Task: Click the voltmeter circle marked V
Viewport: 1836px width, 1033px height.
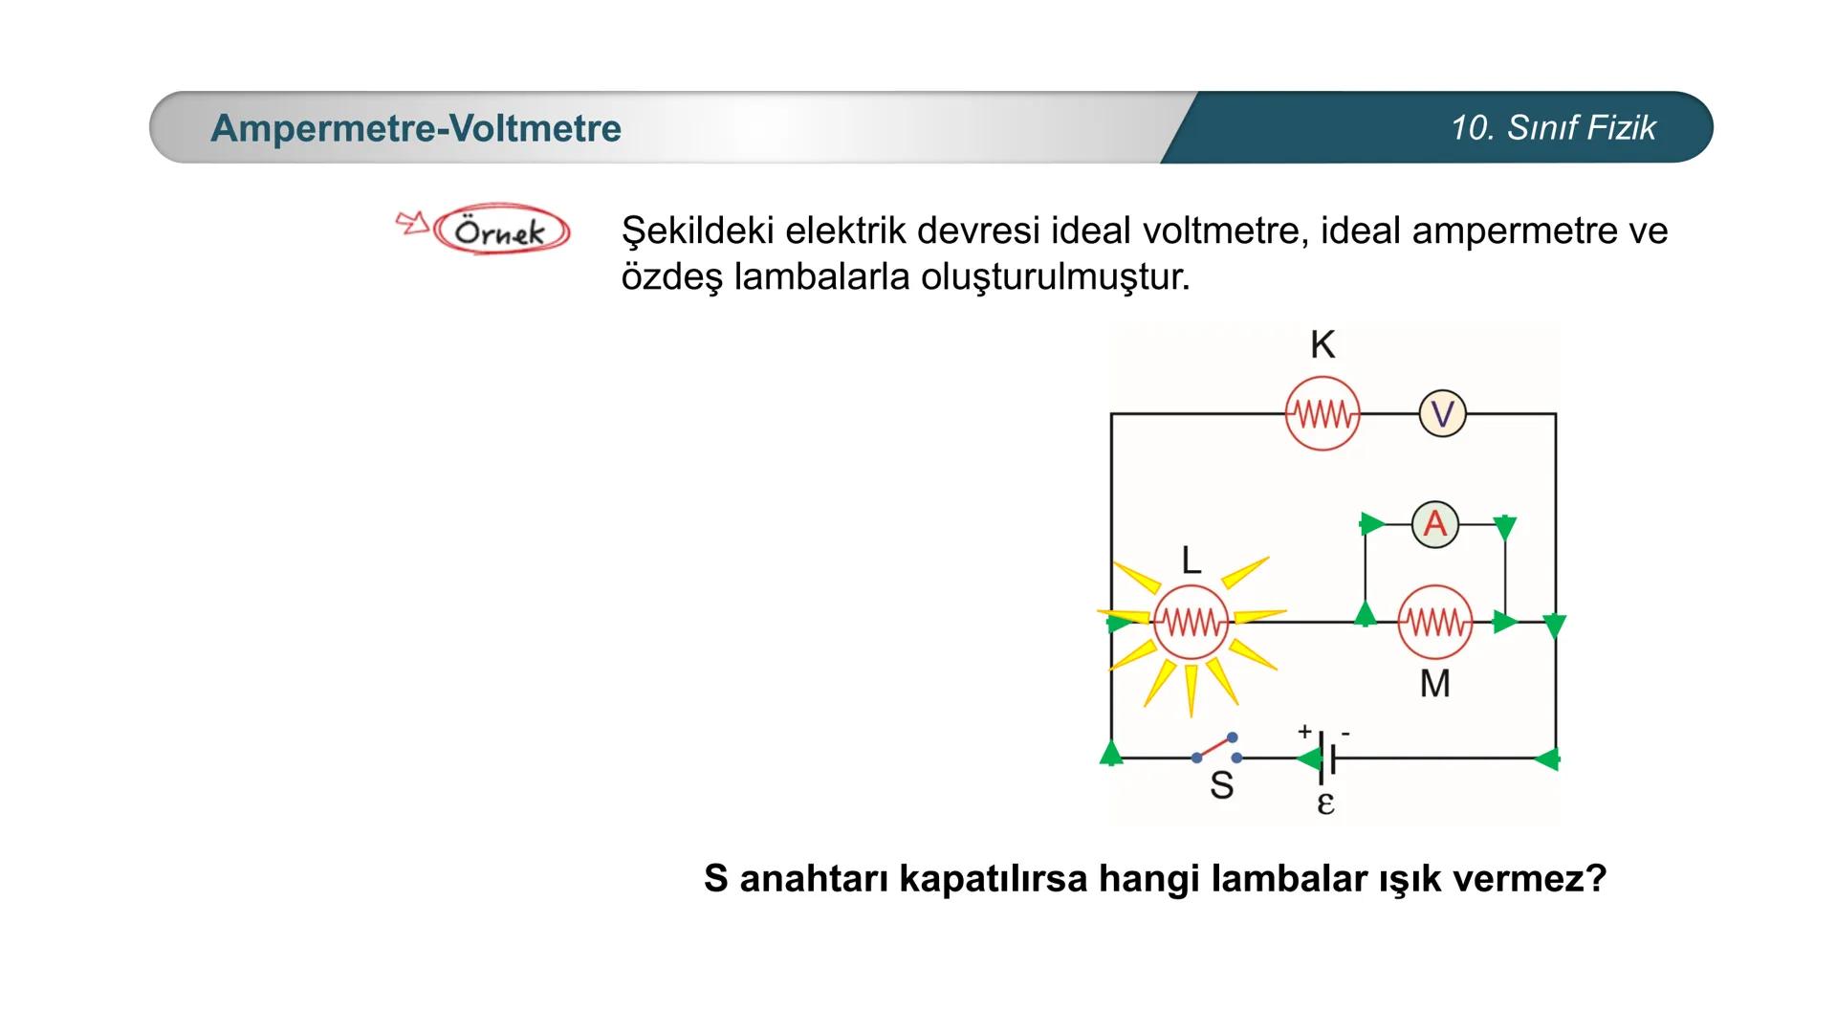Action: click(x=1442, y=414)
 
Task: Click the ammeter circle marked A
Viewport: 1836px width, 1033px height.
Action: click(x=1434, y=524)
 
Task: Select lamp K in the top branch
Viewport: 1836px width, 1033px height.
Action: click(x=1322, y=414)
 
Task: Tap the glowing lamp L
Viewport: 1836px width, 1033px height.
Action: click(x=1191, y=624)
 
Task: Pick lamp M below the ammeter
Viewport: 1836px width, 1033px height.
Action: click(x=1434, y=624)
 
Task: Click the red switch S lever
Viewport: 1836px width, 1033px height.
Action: click(x=1215, y=747)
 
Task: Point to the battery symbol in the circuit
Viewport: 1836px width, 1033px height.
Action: click(x=1325, y=758)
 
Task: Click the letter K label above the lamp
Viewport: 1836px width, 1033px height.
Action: click(x=1322, y=344)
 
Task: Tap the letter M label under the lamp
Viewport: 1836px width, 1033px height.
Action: click(x=1434, y=684)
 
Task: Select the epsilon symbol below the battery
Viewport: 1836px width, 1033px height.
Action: click(x=1325, y=802)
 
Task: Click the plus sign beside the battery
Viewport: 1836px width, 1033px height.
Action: click(x=1304, y=732)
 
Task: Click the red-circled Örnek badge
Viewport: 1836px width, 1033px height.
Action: click(x=501, y=231)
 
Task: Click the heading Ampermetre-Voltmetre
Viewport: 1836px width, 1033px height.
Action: click(x=416, y=128)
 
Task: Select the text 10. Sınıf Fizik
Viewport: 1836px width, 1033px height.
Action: click(x=1553, y=128)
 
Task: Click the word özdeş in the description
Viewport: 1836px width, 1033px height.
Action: click(x=669, y=277)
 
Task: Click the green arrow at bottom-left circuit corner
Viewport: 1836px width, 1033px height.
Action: click(x=1111, y=753)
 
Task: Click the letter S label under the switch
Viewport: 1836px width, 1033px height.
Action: click(x=1221, y=785)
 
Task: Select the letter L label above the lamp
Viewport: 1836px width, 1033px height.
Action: click(x=1191, y=560)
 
